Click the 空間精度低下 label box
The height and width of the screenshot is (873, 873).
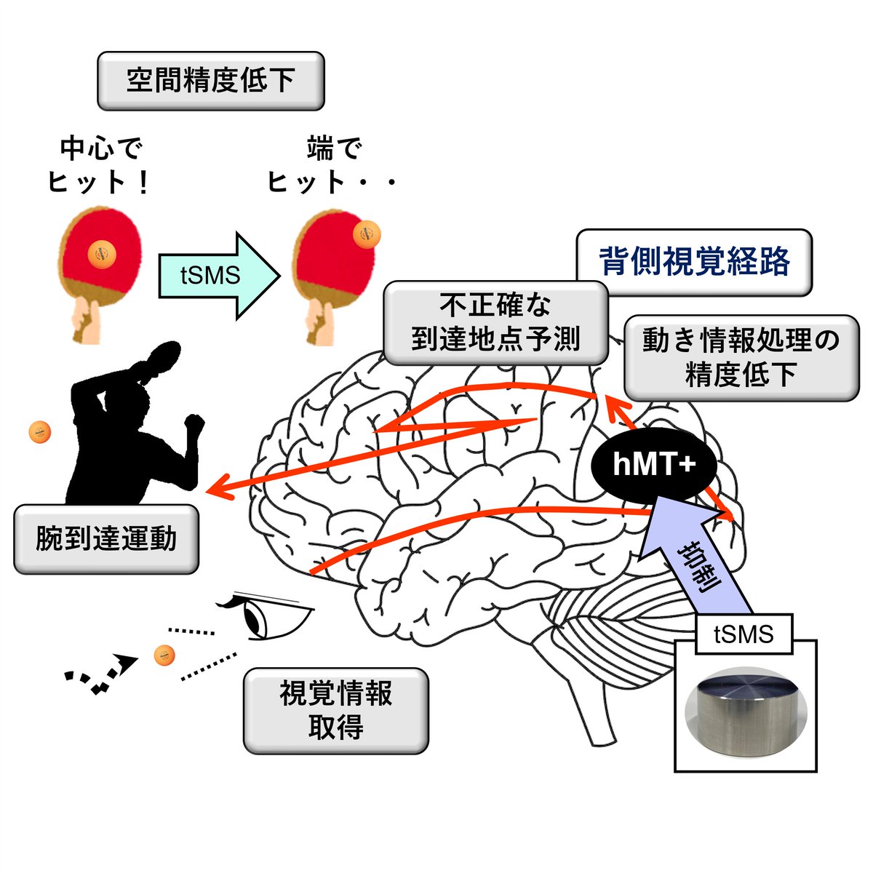(210, 81)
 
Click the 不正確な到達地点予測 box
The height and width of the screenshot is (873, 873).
(495, 323)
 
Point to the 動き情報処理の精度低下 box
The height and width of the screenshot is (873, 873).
(741, 357)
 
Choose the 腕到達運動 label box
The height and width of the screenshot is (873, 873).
(106, 539)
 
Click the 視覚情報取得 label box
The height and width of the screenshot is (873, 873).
(335, 710)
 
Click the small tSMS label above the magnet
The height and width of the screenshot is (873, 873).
(744, 634)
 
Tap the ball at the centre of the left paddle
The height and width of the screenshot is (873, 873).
(102, 252)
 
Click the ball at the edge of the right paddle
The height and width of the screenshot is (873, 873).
(366, 234)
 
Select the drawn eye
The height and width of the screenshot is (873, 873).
(266, 618)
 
